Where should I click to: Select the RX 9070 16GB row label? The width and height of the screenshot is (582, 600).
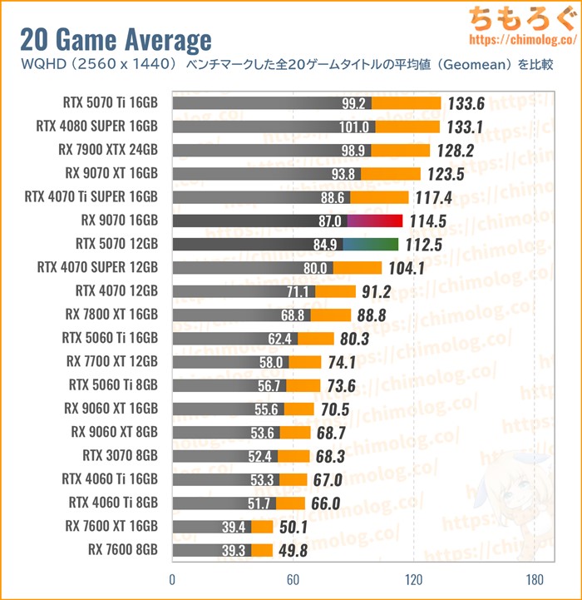pos(116,221)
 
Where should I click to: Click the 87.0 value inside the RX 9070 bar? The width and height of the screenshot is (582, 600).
pos(329,221)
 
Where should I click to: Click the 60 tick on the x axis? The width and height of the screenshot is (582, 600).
pos(293,580)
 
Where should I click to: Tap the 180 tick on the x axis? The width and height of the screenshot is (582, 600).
pos(534,580)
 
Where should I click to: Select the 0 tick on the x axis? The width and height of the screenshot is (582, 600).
pos(172,580)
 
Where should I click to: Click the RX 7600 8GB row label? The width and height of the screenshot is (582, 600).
pos(122,550)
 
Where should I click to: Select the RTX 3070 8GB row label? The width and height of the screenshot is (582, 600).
pos(120,456)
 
